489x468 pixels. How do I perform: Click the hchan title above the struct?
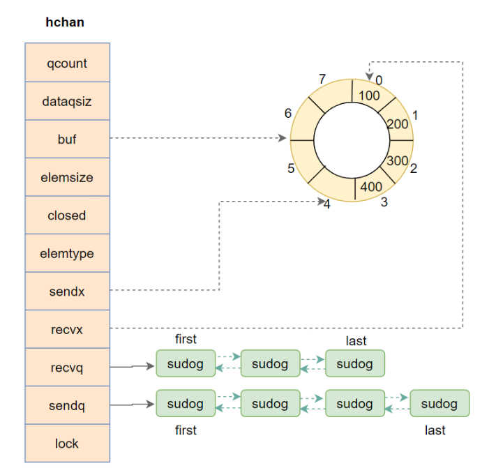click(x=65, y=22)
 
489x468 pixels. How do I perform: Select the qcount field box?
click(x=67, y=63)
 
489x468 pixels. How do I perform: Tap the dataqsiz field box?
click(x=67, y=102)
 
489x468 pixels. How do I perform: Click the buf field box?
click(x=67, y=139)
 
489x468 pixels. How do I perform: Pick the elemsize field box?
click(x=67, y=178)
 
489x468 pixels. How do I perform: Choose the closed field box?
click(x=67, y=216)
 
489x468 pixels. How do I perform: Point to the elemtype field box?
click(x=67, y=254)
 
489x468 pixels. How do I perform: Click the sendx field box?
click(x=67, y=292)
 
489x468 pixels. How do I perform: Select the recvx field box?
click(x=67, y=330)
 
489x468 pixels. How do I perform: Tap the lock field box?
click(x=67, y=444)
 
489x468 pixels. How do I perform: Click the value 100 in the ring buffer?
click(x=369, y=94)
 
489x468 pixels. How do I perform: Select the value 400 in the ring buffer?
click(x=371, y=187)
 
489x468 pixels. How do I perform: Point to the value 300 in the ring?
click(x=397, y=160)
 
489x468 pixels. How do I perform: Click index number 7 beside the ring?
click(x=322, y=78)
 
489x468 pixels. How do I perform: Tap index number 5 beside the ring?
click(x=291, y=168)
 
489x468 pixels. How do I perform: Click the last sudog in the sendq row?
click(x=439, y=404)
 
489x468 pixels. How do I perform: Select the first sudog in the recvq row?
click(x=186, y=364)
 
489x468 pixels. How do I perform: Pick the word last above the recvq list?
click(x=356, y=341)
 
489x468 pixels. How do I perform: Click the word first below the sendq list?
click(x=186, y=430)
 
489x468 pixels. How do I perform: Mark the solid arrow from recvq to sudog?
click(x=133, y=365)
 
